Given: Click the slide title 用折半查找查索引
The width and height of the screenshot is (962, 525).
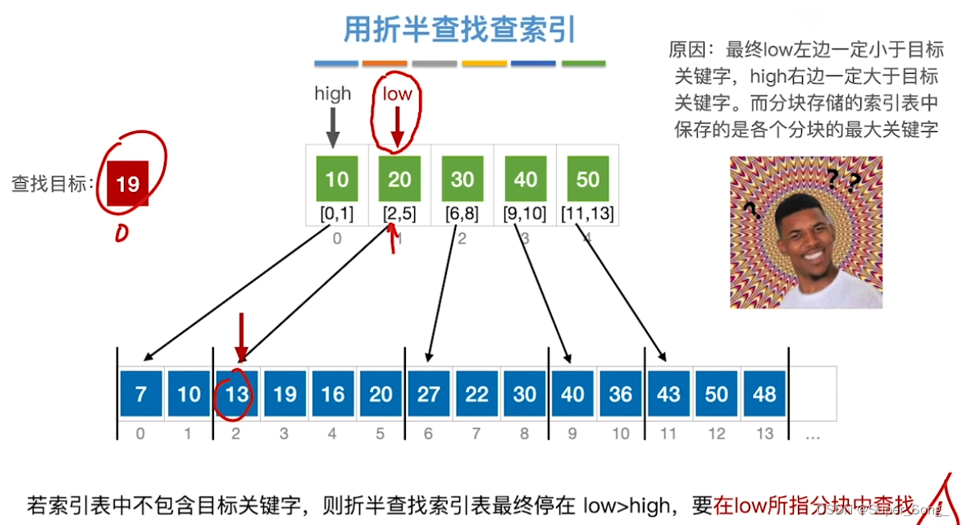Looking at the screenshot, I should tap(459, 30).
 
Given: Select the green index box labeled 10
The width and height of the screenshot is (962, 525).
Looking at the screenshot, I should tap(337, 179).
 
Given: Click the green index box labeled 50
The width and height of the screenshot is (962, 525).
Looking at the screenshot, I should tap(587, 179).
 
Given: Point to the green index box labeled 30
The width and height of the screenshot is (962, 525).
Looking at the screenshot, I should tap(463, 179).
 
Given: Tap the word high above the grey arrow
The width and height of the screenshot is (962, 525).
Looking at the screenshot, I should tap(332, 94).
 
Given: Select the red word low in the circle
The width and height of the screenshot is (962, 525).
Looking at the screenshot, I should tap(397, 94).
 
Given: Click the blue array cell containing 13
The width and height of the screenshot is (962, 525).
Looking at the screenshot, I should tap(236, 395).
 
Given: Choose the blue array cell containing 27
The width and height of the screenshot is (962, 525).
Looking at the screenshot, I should tap(428, 395).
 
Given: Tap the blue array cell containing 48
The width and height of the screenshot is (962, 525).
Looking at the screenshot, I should tap(764, 395).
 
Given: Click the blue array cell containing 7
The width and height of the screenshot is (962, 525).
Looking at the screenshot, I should tap(141, 395).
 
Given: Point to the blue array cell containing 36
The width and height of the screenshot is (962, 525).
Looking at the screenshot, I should tap(620, 395).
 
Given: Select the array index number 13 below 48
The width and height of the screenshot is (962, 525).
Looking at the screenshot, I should tap(764, 433).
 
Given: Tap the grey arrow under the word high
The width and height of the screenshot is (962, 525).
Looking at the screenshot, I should tap(332, 127).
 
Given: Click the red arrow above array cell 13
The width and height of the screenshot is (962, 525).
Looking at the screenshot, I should tap(240, 336).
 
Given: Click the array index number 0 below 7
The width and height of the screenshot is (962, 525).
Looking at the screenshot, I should tap(140, 433).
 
